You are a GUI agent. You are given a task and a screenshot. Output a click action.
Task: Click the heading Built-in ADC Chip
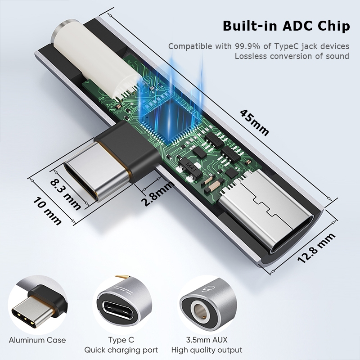click(x=286, y=26)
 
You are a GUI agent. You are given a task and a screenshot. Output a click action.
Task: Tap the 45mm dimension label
click(x=254, y=123)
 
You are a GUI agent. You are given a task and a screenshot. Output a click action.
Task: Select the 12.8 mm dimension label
click(x=316, y=247)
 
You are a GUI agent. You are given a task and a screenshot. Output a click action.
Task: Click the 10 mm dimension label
click(x=47, y=211)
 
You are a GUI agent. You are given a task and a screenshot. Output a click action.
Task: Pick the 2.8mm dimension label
click(x=157, y=193)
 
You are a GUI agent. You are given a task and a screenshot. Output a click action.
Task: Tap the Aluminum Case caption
click(x=37, y=340)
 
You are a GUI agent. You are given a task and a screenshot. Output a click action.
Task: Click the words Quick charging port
click(x=121, y=350)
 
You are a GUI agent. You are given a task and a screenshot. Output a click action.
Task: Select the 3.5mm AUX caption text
click(x=207, y=340)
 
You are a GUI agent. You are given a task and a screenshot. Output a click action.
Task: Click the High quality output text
click(x=207, y=350)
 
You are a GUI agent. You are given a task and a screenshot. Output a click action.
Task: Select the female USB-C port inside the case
click(x=266, y=211)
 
